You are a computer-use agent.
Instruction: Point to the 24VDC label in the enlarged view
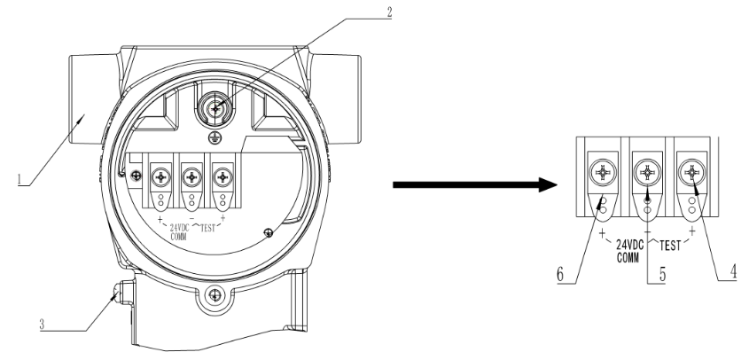628,240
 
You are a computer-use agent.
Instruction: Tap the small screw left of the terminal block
136,177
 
